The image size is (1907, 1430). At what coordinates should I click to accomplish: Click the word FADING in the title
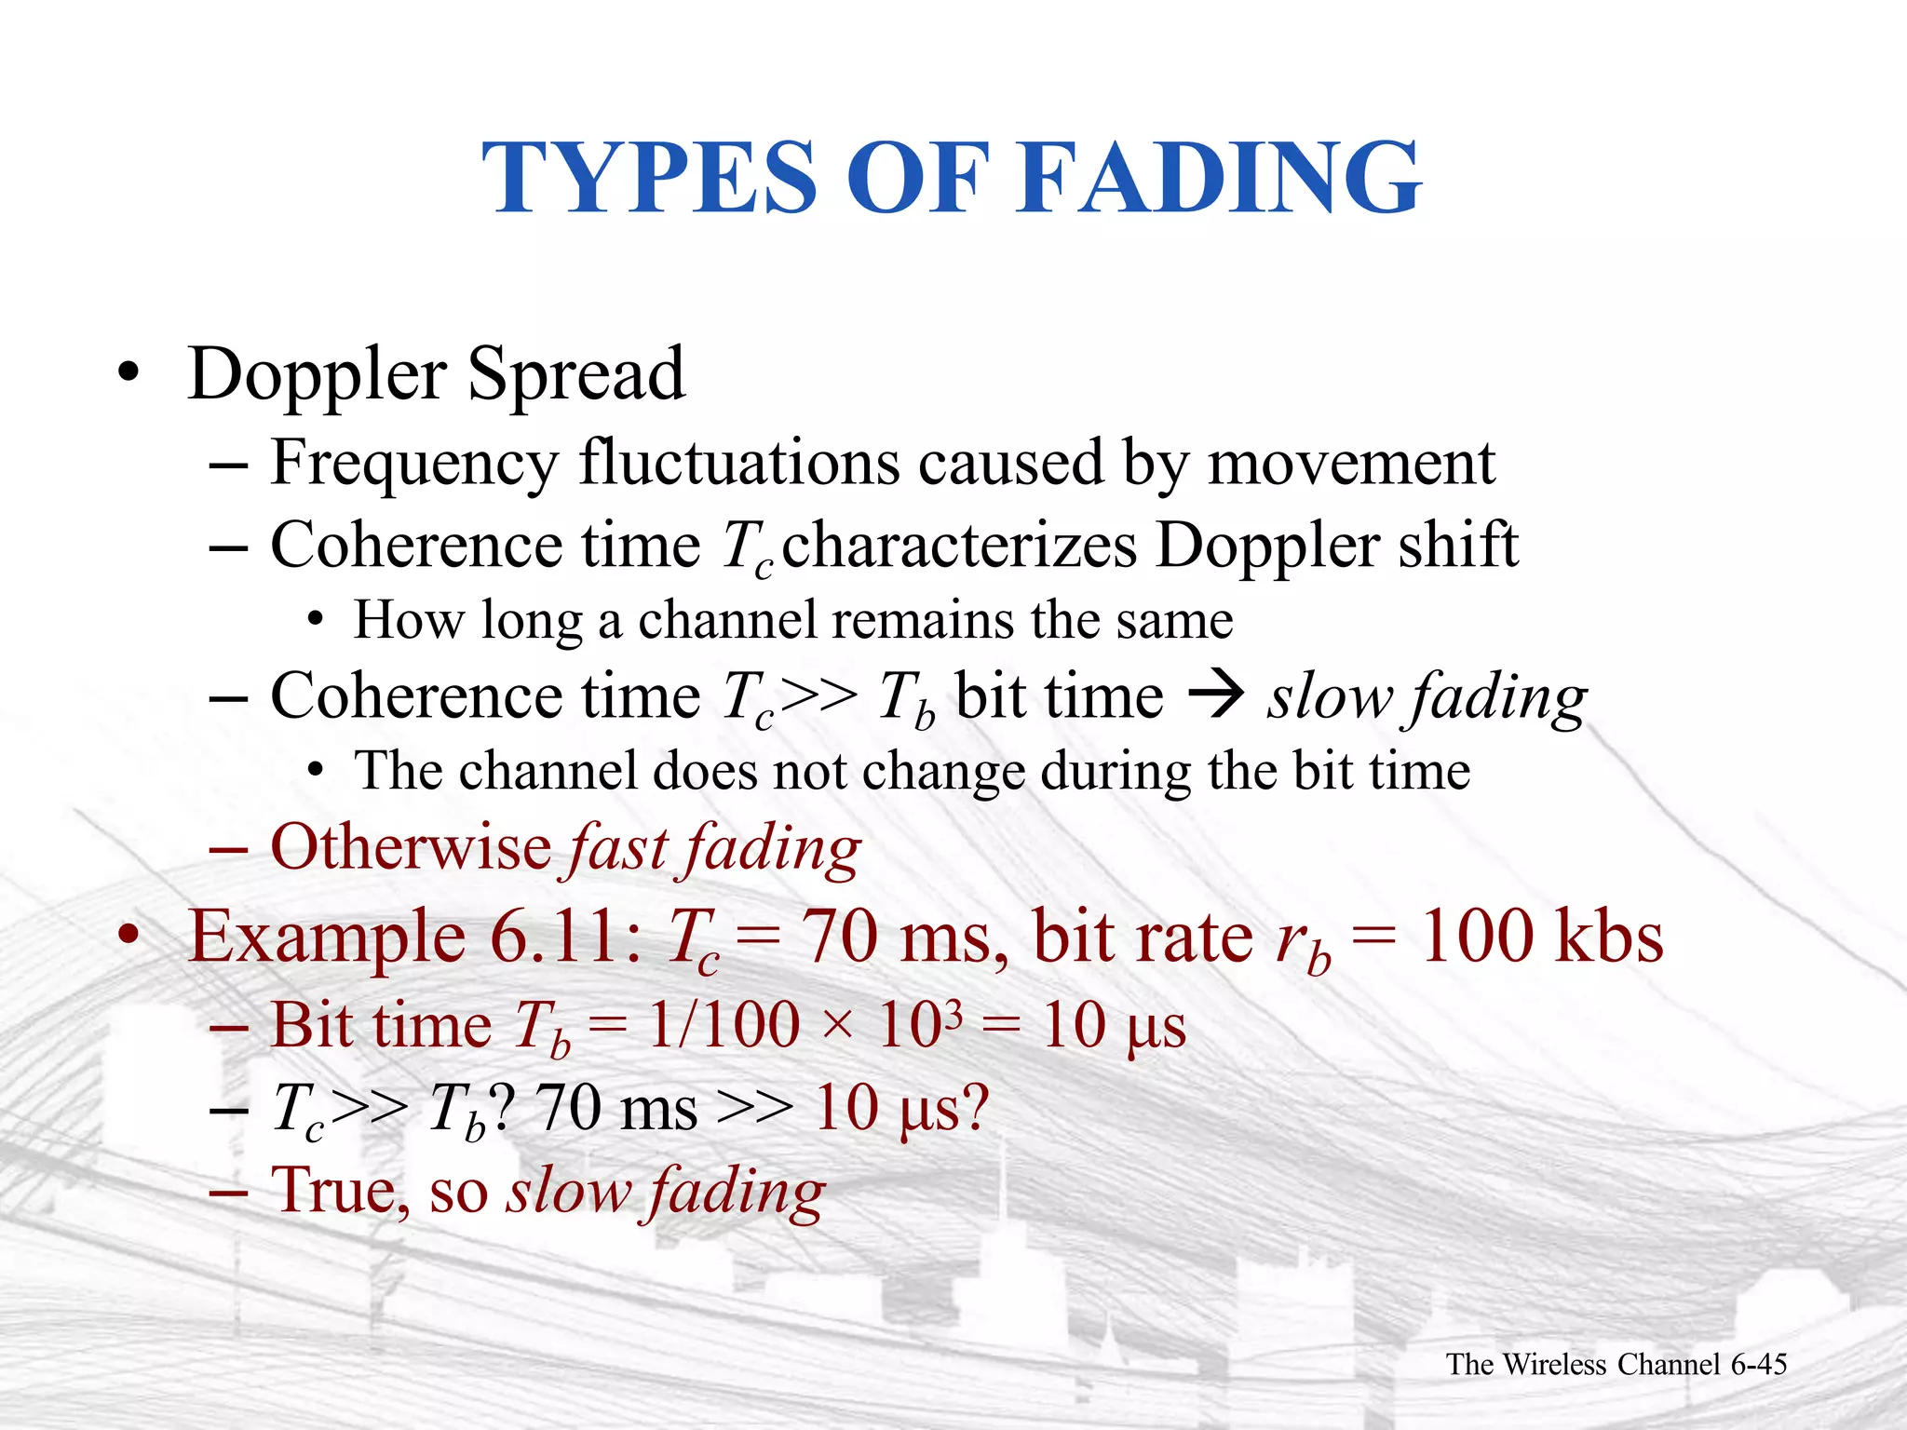1221,177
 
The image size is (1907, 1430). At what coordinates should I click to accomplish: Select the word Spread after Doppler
576,374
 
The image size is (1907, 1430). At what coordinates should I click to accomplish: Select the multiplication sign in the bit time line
838,1026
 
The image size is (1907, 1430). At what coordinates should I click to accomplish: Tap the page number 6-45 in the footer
1759,1364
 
